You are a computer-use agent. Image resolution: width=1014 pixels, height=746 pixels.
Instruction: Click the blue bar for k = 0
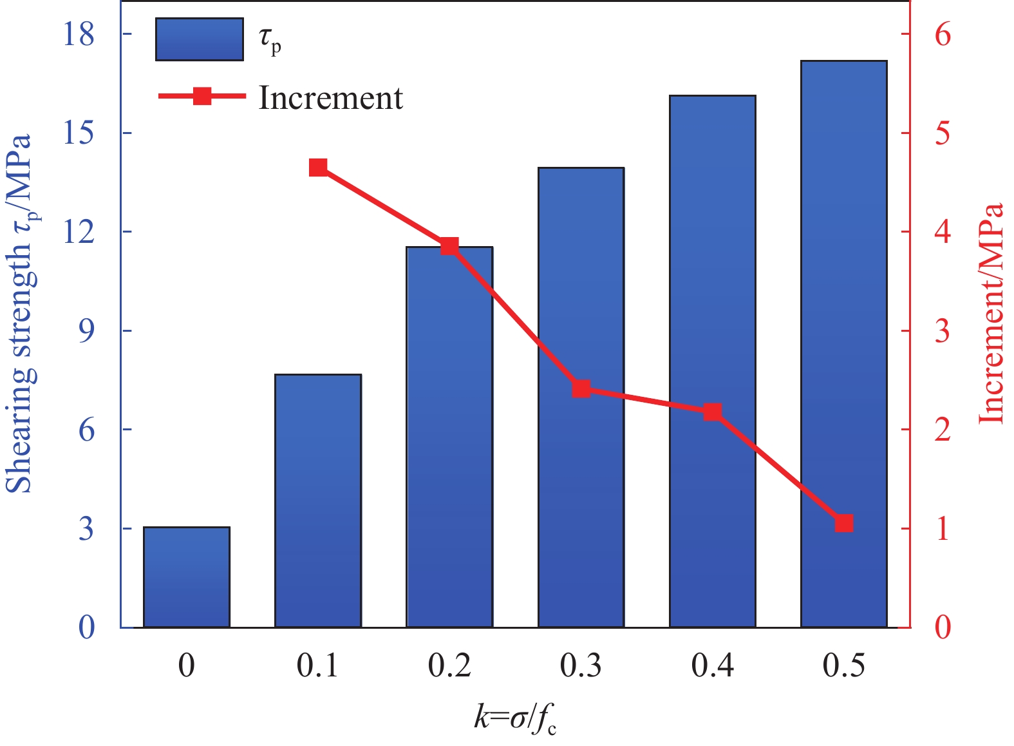(x=187, y=577)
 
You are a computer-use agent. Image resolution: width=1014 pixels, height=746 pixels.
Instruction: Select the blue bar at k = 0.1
(x=318, y=501)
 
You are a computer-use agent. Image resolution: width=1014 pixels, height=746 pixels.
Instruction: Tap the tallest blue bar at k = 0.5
(x=843, y=344)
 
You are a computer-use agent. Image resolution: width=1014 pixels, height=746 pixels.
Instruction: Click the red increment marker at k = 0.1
(x=318, y=168)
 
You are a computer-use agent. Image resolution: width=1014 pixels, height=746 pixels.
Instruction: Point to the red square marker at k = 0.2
(x=449, y=246)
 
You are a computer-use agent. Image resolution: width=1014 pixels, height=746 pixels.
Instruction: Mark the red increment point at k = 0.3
(x=581, y=388)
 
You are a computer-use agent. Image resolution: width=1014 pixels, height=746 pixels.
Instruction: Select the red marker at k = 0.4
(x=712, y=412)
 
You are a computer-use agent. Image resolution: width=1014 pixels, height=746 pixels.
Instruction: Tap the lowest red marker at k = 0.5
(x=844, y=523)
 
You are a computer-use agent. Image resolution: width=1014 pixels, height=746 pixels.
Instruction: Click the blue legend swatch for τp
(x=200, y=39)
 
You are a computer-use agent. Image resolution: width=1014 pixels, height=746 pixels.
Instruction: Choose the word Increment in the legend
(x=330, y=98)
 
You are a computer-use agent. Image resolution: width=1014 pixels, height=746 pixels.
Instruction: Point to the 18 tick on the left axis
(x=78, y=34)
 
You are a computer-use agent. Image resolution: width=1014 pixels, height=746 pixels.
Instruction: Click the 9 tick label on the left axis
(x=86, y=331)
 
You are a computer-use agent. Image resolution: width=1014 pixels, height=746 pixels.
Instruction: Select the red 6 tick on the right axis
(x=943, y=34)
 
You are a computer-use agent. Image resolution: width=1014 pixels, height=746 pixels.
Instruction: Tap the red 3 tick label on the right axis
(x=943, y=331)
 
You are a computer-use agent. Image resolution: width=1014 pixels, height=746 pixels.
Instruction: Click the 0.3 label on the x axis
(x=581, y=665)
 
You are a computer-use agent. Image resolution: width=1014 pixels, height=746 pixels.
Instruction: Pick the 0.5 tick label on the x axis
(x=844, y=665)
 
